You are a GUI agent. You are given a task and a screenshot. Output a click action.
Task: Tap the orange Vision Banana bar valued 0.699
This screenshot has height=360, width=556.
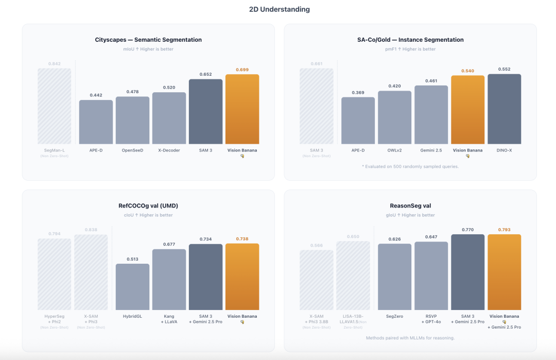pos(242,109)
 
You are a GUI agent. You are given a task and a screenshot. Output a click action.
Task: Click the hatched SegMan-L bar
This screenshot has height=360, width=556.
pos(54,106)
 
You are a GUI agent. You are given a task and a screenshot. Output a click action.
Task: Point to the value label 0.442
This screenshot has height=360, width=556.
pos(96,95)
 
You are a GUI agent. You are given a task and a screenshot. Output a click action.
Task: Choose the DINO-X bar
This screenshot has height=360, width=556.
pos(504,109)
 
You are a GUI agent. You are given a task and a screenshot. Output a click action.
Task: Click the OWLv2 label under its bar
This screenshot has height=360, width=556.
pos(394,150)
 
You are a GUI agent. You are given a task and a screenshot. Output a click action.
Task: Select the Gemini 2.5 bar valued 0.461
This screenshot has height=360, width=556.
pos(431,114)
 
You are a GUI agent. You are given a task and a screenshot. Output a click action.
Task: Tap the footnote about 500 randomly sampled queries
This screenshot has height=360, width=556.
pos(410,166)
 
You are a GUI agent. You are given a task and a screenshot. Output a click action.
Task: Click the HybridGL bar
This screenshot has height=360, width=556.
pos(132,287)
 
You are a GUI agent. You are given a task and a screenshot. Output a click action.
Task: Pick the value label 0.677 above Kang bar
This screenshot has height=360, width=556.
pos(169,244)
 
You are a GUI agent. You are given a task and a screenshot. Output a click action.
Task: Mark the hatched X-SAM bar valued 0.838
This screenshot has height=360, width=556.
pos(91,272)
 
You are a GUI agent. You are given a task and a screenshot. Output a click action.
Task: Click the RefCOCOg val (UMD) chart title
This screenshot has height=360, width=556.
pos(149,205)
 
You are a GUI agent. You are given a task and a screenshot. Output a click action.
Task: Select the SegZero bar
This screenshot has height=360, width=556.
pos(394,277)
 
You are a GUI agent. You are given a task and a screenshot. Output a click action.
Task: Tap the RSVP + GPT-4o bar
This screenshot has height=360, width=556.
pos(431,276)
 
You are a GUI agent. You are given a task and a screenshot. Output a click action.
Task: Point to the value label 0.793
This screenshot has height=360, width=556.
pos(504,230)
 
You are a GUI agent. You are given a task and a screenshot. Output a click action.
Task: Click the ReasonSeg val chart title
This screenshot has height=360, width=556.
pos(410,205)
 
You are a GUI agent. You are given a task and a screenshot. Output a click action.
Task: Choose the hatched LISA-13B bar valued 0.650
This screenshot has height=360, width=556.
pos(353,276)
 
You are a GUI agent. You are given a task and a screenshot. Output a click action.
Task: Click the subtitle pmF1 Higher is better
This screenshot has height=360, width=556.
pos(410,49)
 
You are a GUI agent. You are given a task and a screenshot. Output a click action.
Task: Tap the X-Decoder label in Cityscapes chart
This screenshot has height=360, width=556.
pos(169,150)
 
